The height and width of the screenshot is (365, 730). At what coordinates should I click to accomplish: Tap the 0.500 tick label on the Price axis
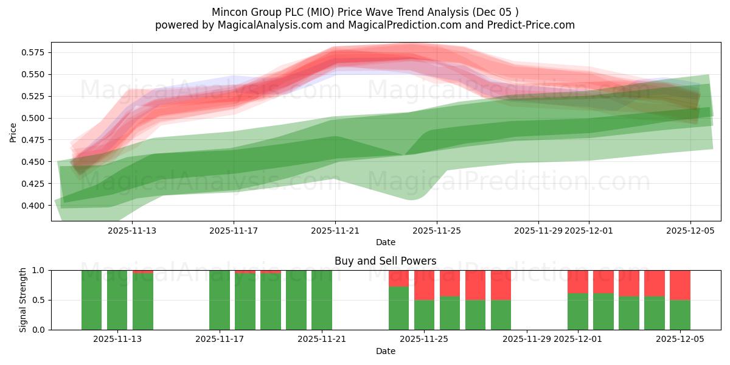[32, 118]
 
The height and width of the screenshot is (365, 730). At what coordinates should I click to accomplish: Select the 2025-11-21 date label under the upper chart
[335, 231]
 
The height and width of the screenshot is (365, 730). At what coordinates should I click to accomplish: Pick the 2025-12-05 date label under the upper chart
[690, 231]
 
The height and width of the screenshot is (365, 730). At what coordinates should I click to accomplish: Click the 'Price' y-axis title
[13, 132]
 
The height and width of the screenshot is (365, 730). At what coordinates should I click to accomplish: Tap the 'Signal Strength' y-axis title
[23, 300]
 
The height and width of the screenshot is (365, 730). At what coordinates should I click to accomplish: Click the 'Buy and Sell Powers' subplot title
[385, 261]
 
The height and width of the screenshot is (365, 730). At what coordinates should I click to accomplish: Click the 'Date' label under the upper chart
[385, 242]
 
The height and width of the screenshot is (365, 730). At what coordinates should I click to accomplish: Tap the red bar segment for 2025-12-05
[680, 285]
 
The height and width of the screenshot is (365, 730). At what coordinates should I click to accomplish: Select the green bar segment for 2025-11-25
[424, 315]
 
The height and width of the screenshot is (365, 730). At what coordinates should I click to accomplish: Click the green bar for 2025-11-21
[322, 300]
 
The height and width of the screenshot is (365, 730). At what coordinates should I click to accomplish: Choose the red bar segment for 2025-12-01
[578, 282]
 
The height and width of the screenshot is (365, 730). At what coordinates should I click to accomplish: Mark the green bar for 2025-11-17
[220, 300]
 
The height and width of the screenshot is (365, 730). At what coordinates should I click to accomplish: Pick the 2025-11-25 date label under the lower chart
[424, 339]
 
